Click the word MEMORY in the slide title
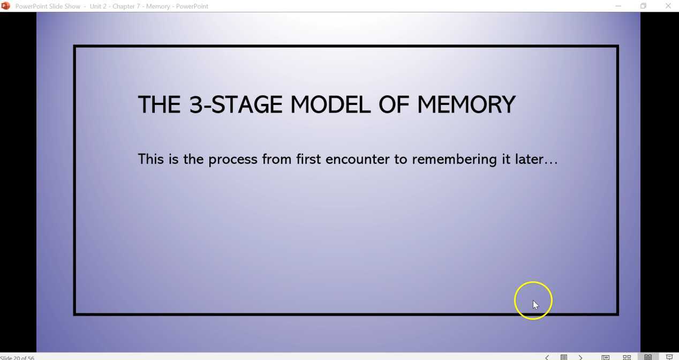point(466,104)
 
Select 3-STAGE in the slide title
point(236,104)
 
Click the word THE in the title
point(159,104)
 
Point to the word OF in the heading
point(393,104)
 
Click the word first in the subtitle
point(308,159)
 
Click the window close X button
point(668,6)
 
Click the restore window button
point(643,6)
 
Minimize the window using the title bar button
point(618,6)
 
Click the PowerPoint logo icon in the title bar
point(6,6)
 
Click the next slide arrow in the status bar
point(580,357)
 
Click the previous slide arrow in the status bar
point(547,357)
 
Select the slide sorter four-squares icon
point(627,357)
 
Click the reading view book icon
point(648,357)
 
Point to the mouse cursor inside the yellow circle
point(535,304)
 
